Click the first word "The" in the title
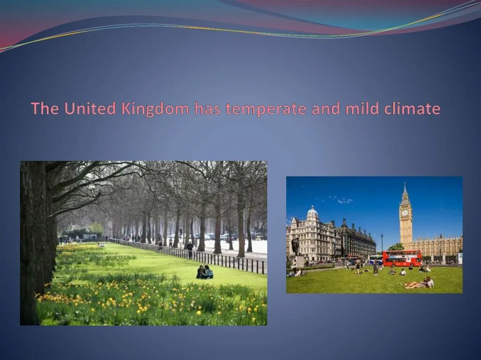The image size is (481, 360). coord(45,109)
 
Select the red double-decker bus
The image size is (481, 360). coord(402,258)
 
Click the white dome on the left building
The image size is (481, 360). coord(312,213)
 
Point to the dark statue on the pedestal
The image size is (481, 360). coord(295,246)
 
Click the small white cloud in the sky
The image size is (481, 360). coord(345,200)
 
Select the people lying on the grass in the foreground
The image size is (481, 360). coord(419,283)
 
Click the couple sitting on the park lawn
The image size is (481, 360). coord(205,272)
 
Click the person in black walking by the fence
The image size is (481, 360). coord(190,248)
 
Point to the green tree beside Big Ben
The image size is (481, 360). coord(396,247)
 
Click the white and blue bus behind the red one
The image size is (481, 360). coord(376,259)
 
